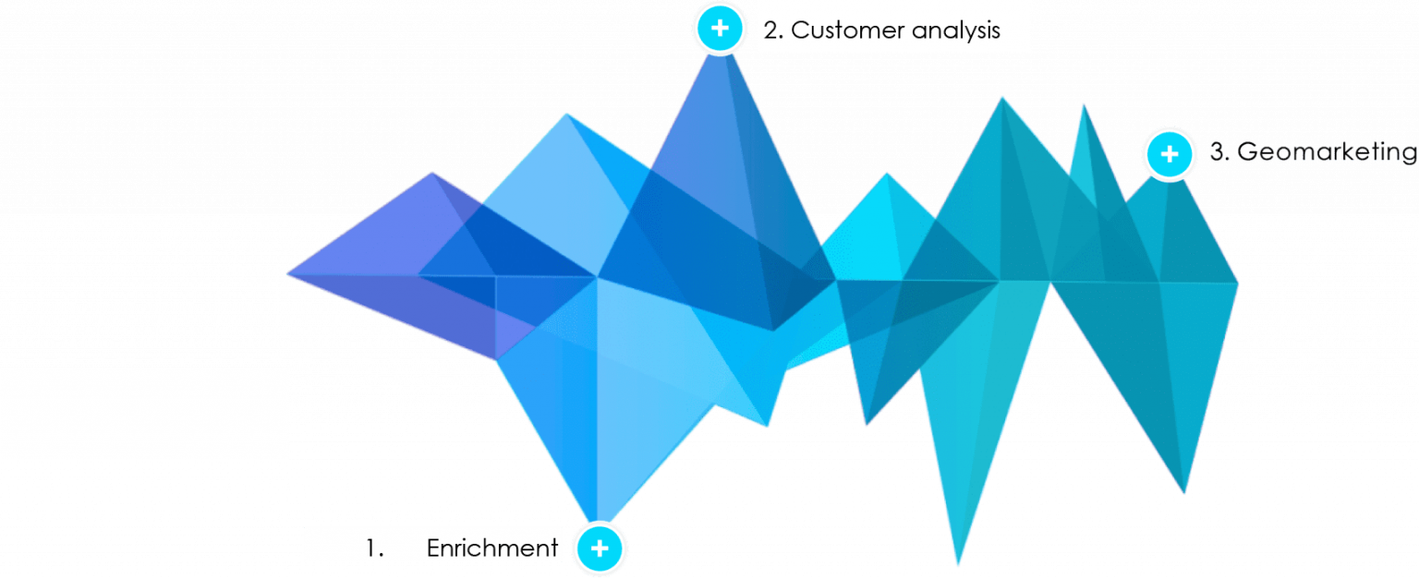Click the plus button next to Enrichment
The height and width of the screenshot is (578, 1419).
(x=600, y=548)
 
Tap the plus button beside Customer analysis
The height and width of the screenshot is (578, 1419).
(x=720, y=29)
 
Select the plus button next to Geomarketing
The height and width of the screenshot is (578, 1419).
(x=1170, y=154)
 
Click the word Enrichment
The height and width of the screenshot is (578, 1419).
(x=491, y=548)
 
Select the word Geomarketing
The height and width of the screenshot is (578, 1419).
(x=1328, y=152)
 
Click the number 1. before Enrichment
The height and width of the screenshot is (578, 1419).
(x=374, y=548)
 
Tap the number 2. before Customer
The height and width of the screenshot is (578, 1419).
(x=773, y=30)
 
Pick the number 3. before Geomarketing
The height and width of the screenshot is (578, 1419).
(x=1219, y=152)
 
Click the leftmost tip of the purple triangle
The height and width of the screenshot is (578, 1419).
(x=287, y=274)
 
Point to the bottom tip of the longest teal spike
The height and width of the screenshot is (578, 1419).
(x=958, y=563)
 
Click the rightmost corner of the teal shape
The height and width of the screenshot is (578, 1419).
(x=1238, y=283)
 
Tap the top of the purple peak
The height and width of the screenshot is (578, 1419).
(x=432, y=173)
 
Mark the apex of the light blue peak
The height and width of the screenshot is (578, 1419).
(x=567, y=114)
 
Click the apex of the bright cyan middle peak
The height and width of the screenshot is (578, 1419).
(x=887, y=174)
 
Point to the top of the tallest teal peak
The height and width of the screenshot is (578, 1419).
(x=1001, y=98)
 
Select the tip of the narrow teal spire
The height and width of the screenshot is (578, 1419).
(x=1084, y=105)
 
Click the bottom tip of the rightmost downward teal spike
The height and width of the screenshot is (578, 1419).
(x=1184, y=492)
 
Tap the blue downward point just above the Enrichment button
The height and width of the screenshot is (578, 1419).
(x=597, y=521)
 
